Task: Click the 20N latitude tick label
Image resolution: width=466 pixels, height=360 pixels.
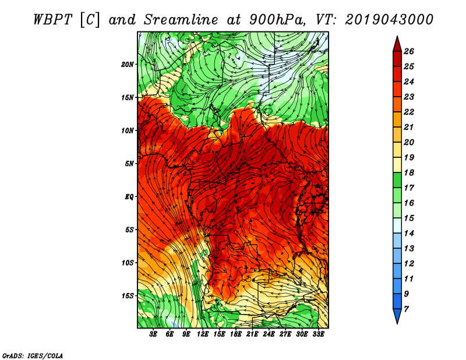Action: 128,65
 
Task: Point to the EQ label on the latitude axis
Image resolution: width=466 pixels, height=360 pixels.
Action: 129,197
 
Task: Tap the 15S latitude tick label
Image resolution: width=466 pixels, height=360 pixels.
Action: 128,296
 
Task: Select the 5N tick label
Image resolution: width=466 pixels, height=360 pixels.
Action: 129,164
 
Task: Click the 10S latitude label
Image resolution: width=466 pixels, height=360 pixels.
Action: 128,263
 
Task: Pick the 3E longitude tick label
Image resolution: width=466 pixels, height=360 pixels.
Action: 153,334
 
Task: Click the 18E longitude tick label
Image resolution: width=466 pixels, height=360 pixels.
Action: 236,334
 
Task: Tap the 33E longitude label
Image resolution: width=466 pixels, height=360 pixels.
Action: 318,334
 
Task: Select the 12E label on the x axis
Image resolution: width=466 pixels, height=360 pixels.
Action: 203,334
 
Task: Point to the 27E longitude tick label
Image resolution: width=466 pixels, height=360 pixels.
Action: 285,334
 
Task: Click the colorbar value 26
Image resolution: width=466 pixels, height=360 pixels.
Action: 409,51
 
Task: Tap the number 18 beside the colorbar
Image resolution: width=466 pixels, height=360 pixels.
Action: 409,172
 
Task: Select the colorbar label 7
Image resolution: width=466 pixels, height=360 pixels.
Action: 406,309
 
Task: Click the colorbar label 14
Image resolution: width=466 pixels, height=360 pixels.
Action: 409,234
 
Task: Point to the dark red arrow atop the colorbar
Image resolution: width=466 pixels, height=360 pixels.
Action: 397,44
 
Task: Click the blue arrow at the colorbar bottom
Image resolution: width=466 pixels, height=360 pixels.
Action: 397,316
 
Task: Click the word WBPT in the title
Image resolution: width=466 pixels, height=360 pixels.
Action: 53,20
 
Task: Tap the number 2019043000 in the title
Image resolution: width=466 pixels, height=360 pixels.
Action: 389,20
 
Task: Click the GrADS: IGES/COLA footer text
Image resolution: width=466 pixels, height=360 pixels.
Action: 33,356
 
